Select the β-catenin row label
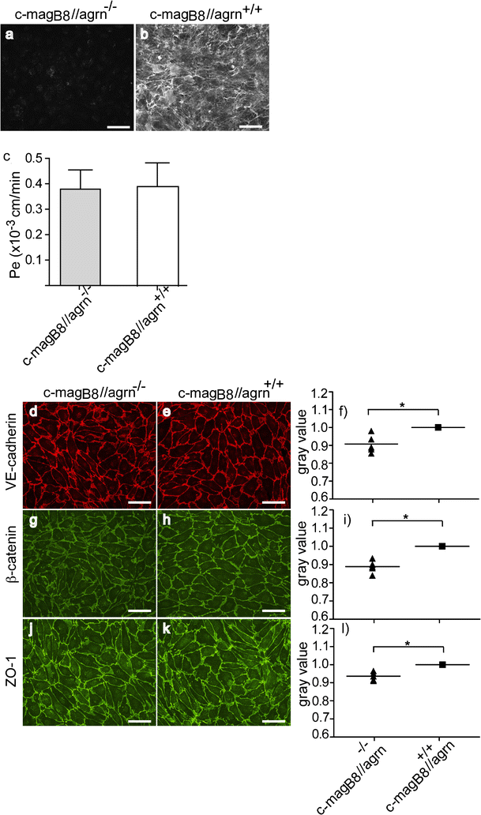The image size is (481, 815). point(10,560)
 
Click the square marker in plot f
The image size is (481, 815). point(438,427)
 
